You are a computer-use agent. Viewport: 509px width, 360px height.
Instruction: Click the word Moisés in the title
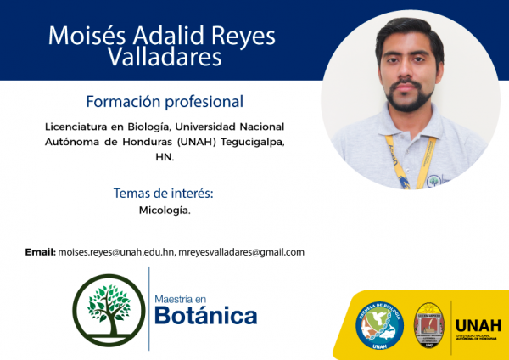tap(86, 35)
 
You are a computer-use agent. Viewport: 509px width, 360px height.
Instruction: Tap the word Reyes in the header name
tap(241, 35)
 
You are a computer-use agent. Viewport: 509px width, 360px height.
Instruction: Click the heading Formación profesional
tap(165, 101)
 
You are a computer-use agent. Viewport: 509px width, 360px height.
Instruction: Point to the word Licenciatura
tap(82, 127)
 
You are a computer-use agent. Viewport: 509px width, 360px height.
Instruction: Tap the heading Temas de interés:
tap(163, 194)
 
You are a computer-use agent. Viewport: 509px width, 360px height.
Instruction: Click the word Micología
tap(165, 211)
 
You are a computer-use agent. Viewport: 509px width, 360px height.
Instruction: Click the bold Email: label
tap(40, 252)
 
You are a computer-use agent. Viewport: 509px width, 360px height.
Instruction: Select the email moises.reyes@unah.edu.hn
tap(115, 252)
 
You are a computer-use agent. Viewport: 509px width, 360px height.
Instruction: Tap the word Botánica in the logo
tap(205, 317)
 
